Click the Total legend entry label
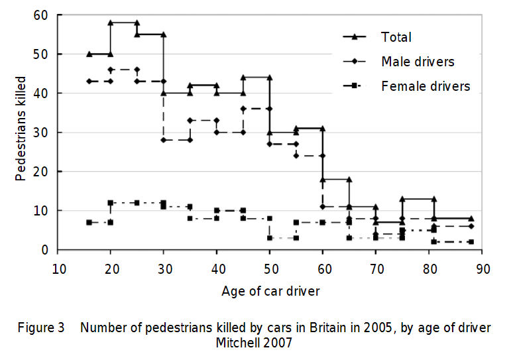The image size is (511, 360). tap(396, 37)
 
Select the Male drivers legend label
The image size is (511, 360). tap(418, 62)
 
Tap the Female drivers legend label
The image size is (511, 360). tap(426, 86)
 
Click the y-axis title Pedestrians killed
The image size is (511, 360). tap(22, 133)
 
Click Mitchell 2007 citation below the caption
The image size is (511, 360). tap(255, 343)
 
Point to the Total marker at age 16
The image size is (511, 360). tap(89, 54)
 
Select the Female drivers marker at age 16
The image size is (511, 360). tap(89, 222)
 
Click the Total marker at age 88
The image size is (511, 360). tap(471, 218)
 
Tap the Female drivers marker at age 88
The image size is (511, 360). tap(471, 242)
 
